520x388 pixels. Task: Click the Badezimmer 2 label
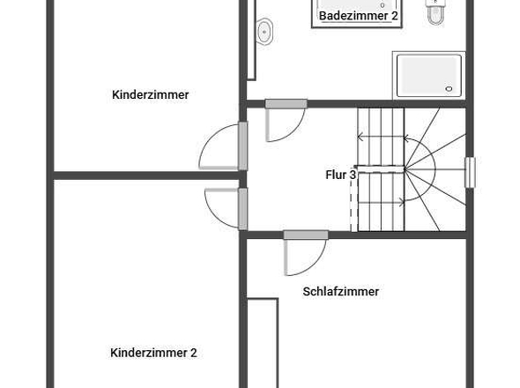click(359, 16)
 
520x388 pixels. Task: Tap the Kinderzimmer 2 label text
click(153, 353)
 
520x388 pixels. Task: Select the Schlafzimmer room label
click(340, 291)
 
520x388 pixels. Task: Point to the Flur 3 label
click(340, 175)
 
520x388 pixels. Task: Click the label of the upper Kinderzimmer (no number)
click(151, 95)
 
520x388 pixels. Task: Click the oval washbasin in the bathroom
click(264, 33)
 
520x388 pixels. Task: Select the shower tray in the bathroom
click(428, 75)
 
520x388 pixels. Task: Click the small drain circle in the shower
click(451, 89)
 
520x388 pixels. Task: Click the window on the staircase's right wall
click(470, 172)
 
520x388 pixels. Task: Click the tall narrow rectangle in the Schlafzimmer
click(262, 343)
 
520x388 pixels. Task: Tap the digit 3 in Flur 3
click(353, 175)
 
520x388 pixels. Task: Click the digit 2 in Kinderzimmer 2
click(193, 353)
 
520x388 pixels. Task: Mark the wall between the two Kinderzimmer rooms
click(141, 175)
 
